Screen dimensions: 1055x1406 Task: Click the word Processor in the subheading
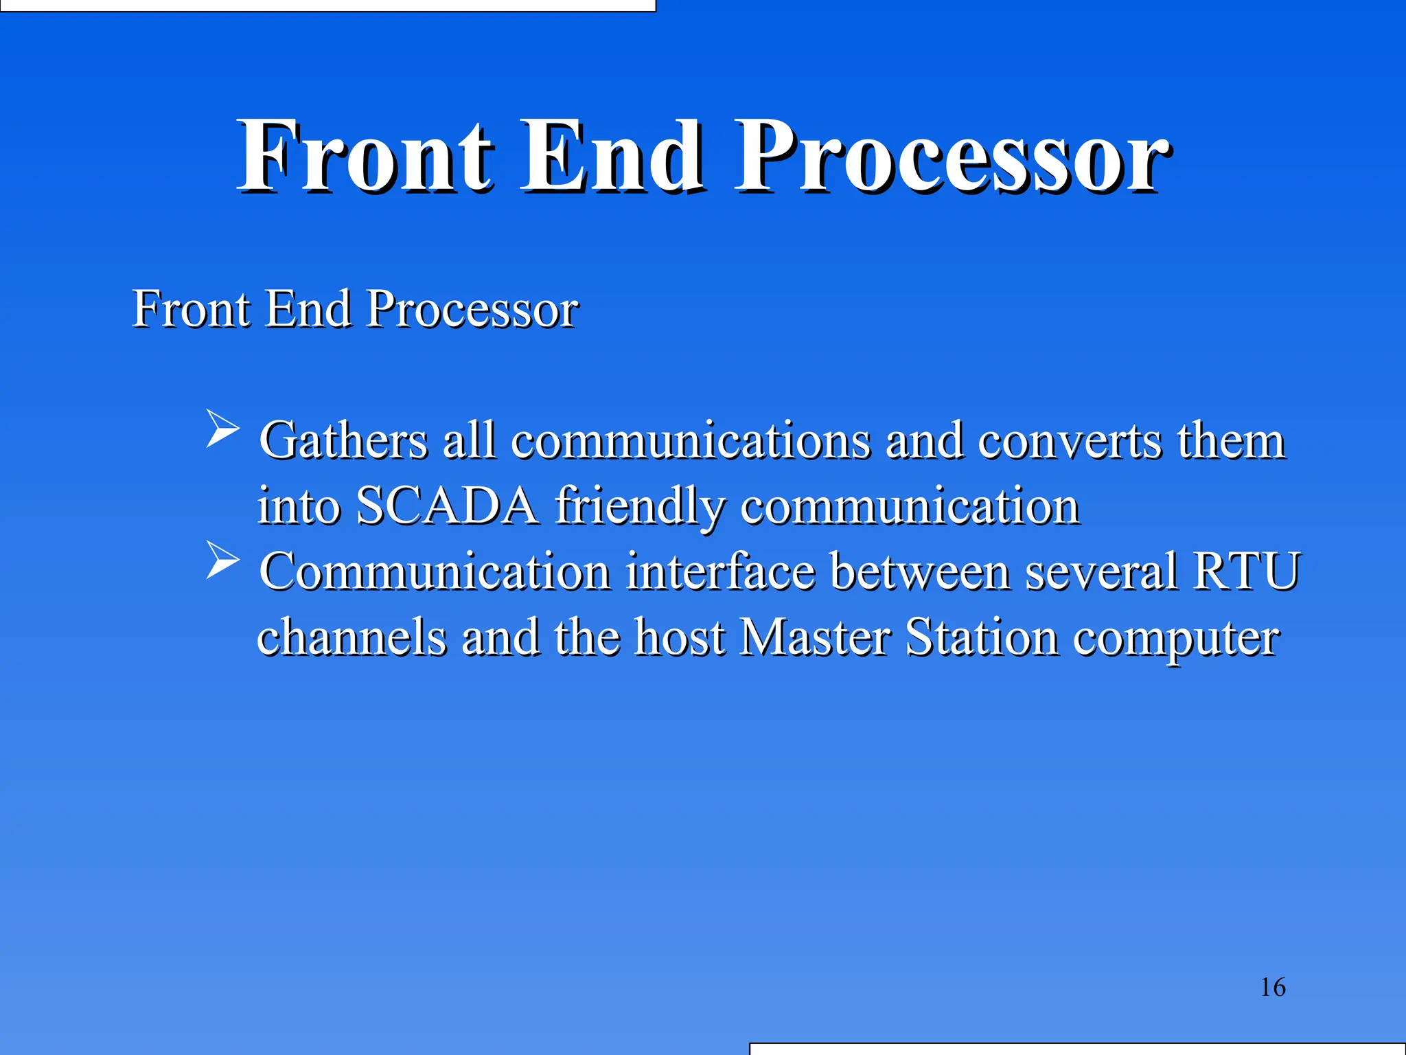472,309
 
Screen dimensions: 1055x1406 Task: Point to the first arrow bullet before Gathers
222,429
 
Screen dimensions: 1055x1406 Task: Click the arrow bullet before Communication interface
222,560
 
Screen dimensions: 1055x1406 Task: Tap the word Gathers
343,440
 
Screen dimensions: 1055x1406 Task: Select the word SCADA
447,506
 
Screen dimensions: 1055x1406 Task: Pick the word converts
1070,442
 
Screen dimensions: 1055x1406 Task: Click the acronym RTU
1247,571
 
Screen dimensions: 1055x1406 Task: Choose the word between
919,571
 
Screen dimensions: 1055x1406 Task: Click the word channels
351,637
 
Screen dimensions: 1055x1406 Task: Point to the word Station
982,637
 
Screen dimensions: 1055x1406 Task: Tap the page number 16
1273,988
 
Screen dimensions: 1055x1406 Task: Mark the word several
1101,571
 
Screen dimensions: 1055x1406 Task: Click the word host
680,637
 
